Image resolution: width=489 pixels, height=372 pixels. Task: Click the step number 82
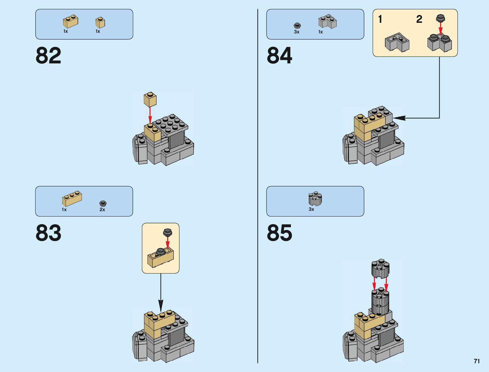pyautogui.click(x=48, y=56)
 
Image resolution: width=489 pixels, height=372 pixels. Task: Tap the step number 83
pyautogui.click(x=48, y=233)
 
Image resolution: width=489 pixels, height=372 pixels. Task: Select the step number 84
pyautogui.click(x=279, y=56)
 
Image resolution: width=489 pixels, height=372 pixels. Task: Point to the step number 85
pyautogui.click(x=279, y=233)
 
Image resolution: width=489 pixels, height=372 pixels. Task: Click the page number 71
pyautogui.click(x=477, y=361)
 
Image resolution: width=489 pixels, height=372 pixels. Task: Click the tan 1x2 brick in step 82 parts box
pyautogui.click(x=70, y=22)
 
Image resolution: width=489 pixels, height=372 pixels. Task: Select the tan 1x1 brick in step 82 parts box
pyautogui.click(x=100, y=22)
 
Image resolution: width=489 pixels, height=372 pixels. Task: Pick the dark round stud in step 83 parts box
pyautogui.click(x=103, y=204)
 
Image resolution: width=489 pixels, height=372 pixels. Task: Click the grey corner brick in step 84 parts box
pyautogui.click(x=327, y=22)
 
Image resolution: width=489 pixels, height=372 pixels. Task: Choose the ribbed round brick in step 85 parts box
pyautogui.click(x=315, y=199)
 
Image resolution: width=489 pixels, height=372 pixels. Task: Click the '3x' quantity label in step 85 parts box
pyautogui.click(x=311, y=209)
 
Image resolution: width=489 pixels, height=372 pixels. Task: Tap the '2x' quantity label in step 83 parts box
pyautogui.click(x=102, y=210)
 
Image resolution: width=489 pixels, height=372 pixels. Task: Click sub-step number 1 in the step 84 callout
pyautogui.click(x=380, y=19)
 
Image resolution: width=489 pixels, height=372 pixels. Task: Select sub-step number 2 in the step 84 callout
pyautogui.click(x=419, y=19)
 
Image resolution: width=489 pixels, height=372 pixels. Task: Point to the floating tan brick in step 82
pyautogui.click(x=150, y=100)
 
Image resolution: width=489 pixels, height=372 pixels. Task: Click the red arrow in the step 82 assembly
pyautogui.click(x=150, y=115)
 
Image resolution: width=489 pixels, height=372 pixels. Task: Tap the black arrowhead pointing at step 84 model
pyautogui.click(x=399, y=118)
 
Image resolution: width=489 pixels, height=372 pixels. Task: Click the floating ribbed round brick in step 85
pyautogui.click(x=380, y=268)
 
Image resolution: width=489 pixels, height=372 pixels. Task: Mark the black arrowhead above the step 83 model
pyautogui.click(x=161, y=305)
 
